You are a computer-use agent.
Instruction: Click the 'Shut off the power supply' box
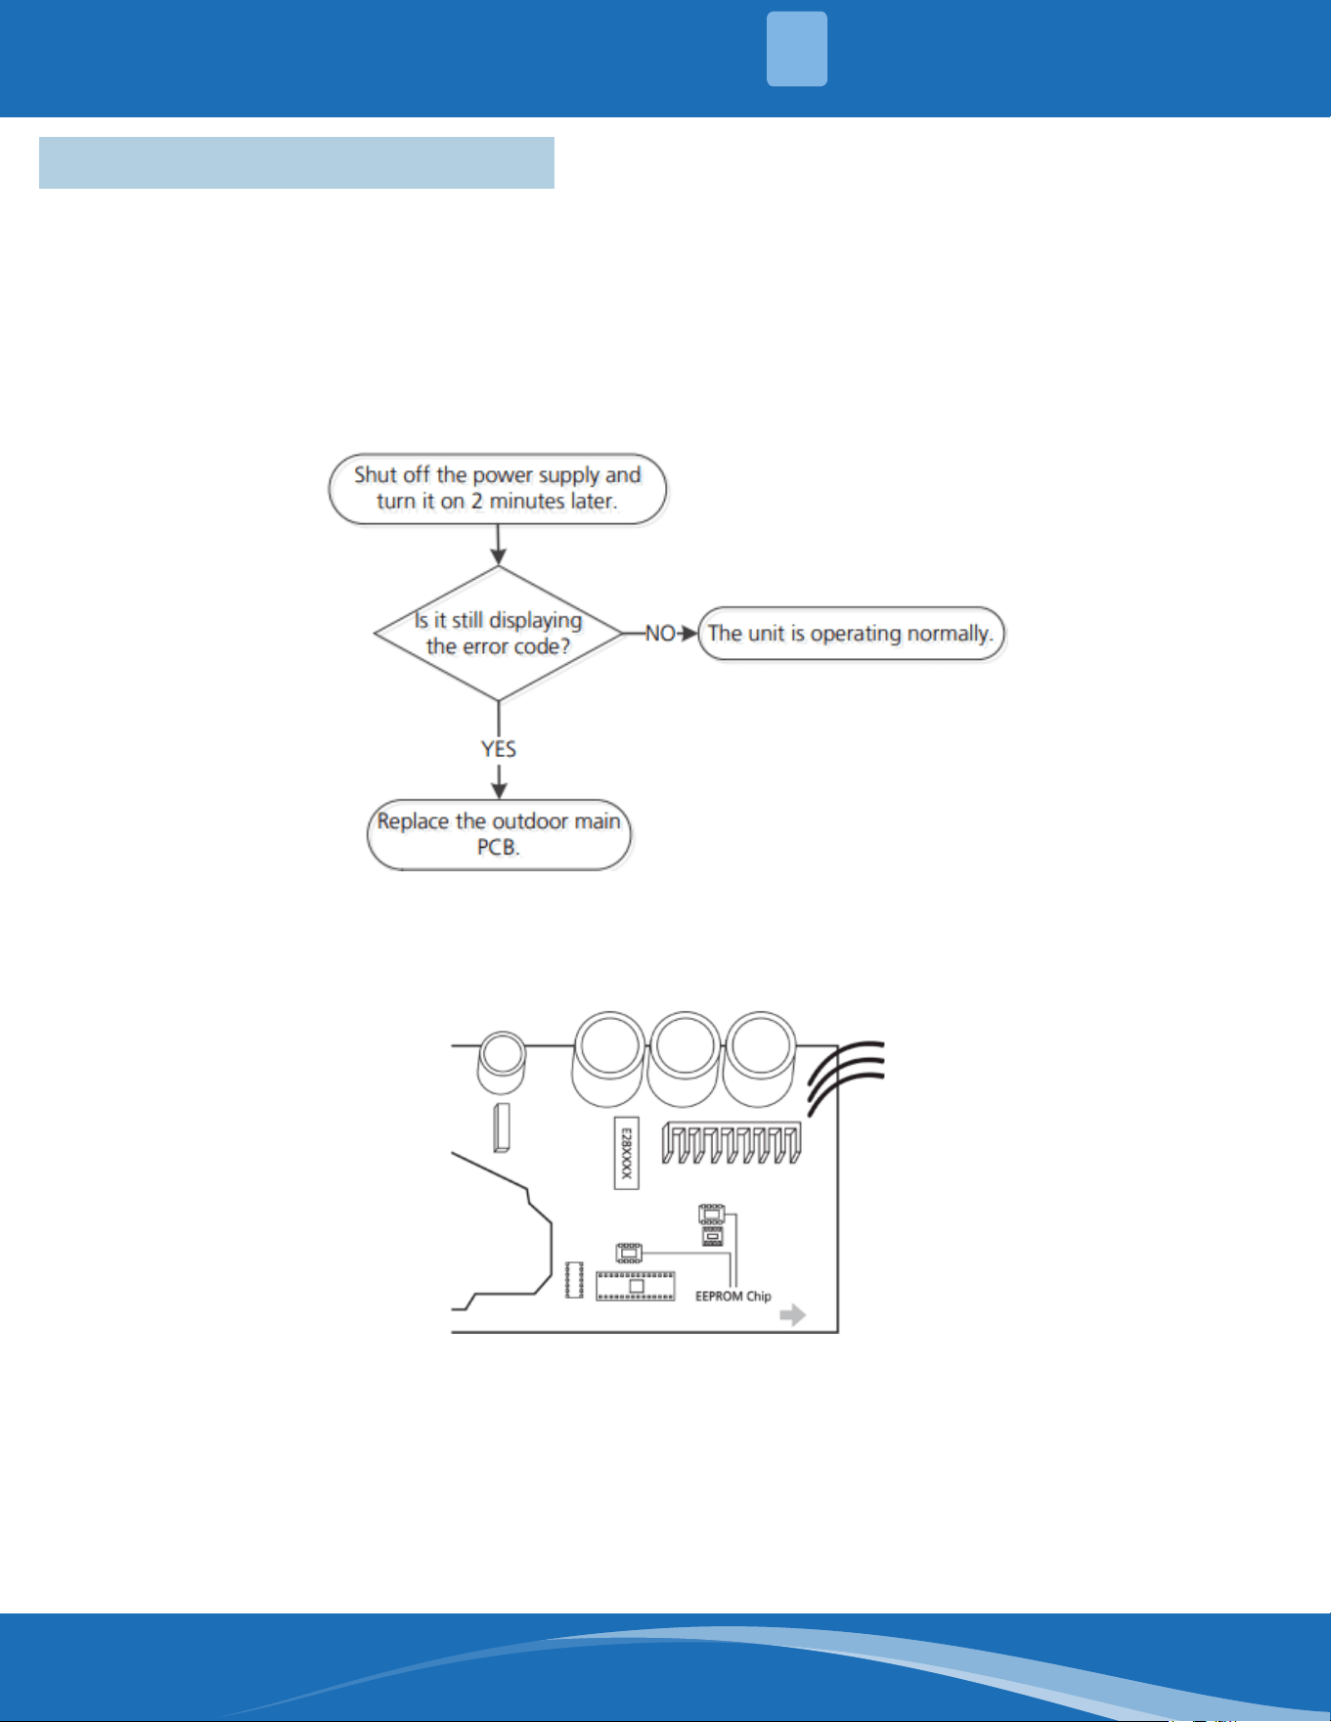(x=498, y=489)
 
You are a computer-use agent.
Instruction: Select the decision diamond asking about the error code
(x=499, y=634)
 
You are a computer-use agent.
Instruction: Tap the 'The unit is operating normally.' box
(x=851, y=634)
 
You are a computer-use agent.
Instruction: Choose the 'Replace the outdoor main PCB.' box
(x=499, y=835)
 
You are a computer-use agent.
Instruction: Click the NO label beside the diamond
(x=660, y=634)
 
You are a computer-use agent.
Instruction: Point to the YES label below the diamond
(x=499, y=749)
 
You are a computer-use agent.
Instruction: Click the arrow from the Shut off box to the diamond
(x=499, y=546)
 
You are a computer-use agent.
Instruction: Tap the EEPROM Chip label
(x=733, y=1297)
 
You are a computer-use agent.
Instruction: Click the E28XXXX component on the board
(x=627, y=1153)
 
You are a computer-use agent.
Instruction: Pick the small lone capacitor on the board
(x=502, y=1064)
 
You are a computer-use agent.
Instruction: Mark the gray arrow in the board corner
(x=793, y=1315)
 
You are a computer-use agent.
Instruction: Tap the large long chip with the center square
(x=636, y=1286)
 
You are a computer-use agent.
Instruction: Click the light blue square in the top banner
(x=797, y=49)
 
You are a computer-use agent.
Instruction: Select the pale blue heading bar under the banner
(x=296, y=162)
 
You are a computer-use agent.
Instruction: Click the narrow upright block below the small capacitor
(x=503, y=1127)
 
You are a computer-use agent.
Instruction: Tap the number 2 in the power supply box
(x=477, y=502)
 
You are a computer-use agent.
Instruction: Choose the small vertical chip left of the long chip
(x=575, y=1280)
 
